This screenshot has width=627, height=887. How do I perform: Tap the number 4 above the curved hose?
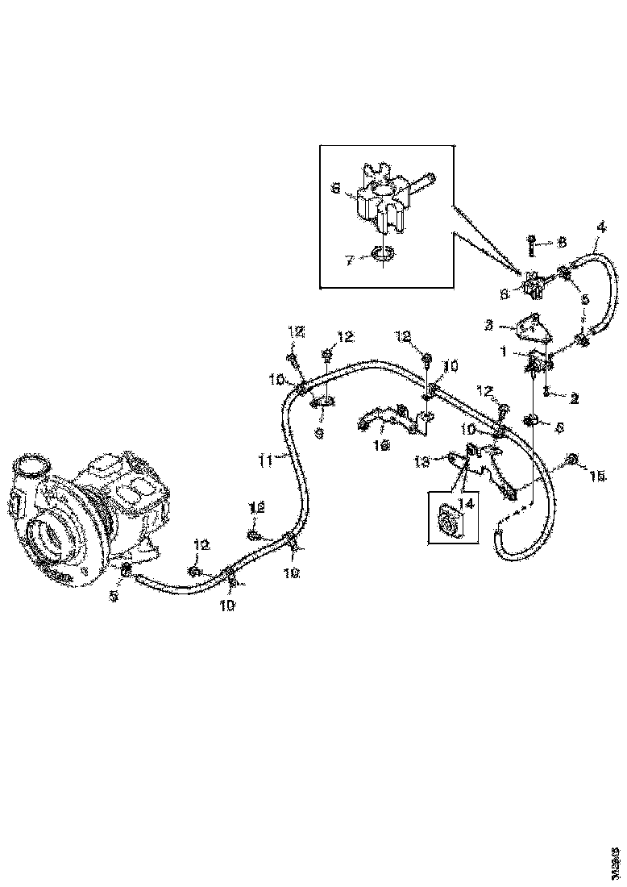pos(600,227)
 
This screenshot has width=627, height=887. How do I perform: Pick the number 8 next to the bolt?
pos(563,241)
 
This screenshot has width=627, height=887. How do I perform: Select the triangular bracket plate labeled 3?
pos(530,326)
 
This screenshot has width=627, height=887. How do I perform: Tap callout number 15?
pos(597,477)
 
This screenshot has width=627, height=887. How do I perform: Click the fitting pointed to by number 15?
pos(571,460)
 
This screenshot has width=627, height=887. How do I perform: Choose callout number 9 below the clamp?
pos(320,433)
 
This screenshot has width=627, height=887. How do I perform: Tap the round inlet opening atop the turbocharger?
pos(32,468)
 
